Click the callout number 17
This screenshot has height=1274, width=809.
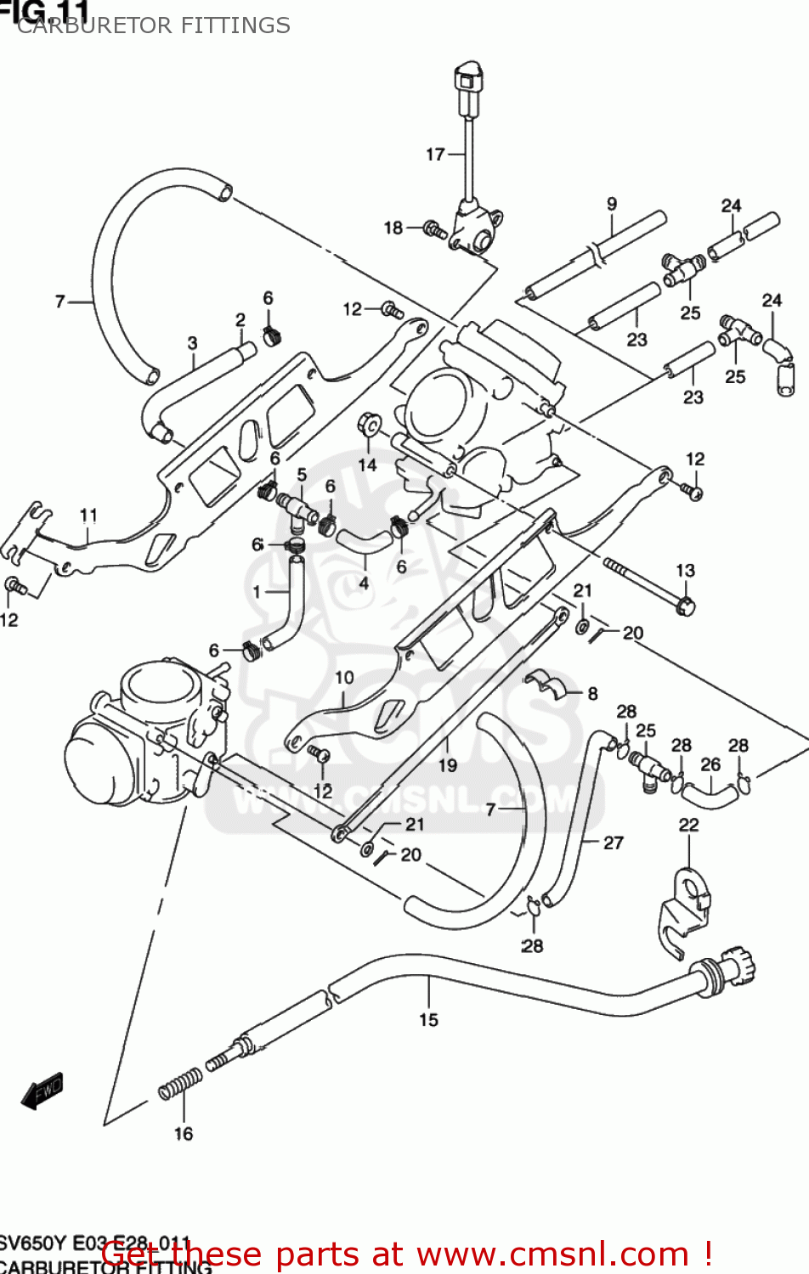pyautogui.click(x=435, y=154)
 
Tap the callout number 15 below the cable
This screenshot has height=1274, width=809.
pyautogui.click(x=428, y=1019)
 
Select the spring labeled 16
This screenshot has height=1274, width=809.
pyautogui.click(x=181, y=1083)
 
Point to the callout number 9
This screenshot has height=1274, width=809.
pyautogui.click(x=612, y=204)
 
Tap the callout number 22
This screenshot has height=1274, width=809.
pyautogui.click(x=688, y=825)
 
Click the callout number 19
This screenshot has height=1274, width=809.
pyautogui.click(x=448, y=765)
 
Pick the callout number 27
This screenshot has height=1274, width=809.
pyautogui.click(x=614, y=843)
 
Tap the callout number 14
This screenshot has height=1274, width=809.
pyautogui.click(x=367, y=465)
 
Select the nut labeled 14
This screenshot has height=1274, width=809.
pyautogui.click(x=370, y=422)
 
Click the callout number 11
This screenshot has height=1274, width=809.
pyautogui.click(x=88, y=515)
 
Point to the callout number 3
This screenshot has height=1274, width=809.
pyautogui.click(x=192, y=342)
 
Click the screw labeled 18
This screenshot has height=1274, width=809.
pyautogui.click(x=435, y=229)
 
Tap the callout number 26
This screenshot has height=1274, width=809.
pyautogui.click(x=710, y=764)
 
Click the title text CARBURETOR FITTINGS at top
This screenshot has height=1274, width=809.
pyautogui.click(x=154, y=25)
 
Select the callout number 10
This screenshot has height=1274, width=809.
pyautogui.click(x=344, y=678)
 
